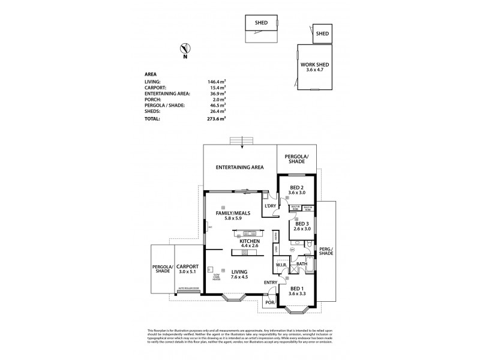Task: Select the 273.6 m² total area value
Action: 217,119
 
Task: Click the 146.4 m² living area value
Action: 217,81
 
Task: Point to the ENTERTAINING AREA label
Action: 239,167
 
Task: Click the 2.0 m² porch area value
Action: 217,100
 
